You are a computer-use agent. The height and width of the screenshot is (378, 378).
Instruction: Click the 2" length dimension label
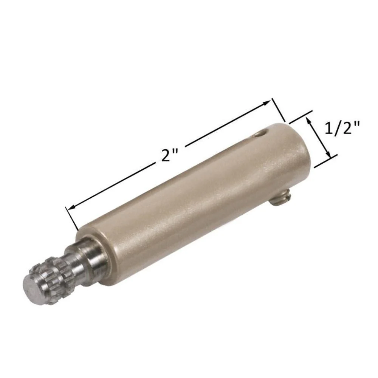tap(169, 155)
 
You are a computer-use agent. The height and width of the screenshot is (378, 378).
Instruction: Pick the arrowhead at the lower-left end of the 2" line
tap(72, 207)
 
